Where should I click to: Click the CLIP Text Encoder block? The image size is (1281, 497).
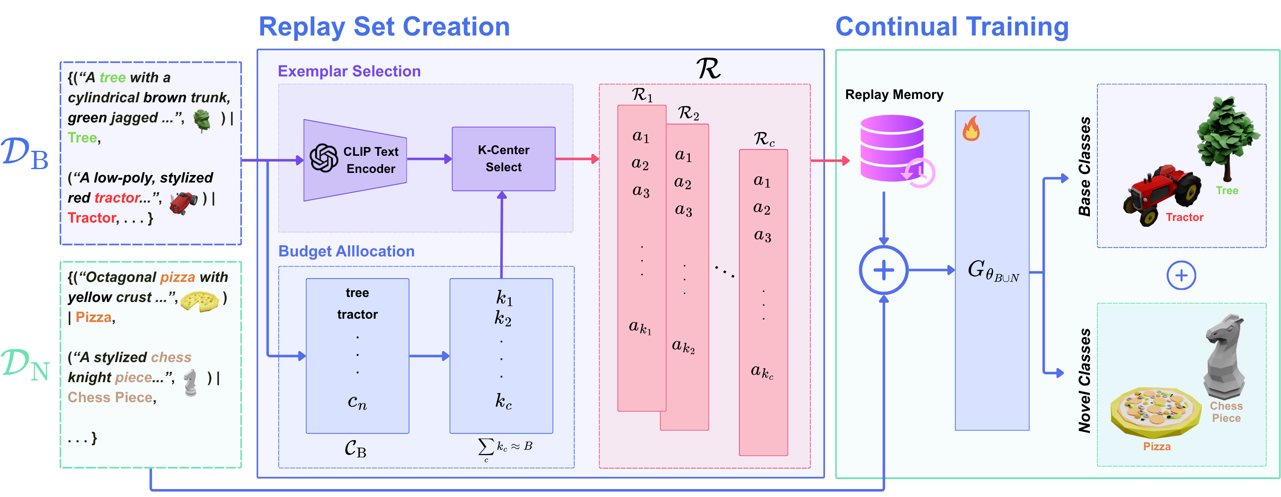coord(356,160)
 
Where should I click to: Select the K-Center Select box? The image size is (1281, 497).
coord(503,159)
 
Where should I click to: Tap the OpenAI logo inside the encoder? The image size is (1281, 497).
coord(324,158)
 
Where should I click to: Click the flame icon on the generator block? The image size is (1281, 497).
coord(971,129)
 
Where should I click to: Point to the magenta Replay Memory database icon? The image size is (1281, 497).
coord(892,148)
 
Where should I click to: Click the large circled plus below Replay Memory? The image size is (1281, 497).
coord(884,271)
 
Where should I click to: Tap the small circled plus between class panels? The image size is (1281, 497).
coord(1181,275)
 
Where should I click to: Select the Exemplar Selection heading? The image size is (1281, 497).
coord(349,71)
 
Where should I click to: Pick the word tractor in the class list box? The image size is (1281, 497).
coord(357,314)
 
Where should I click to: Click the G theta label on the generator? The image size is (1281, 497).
coord(992,271)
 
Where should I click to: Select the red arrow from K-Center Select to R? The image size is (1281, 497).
coord(577,159)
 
